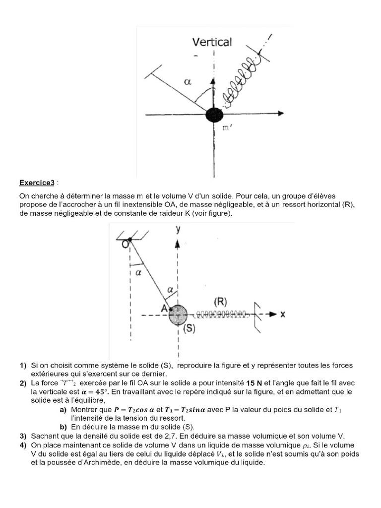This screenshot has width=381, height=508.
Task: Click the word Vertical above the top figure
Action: pyautogui.click(x=212, y=42)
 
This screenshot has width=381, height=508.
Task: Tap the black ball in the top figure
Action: pyautogui.click(x=214, y=114)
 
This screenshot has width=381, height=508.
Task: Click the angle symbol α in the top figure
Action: pyautogui.click(x=188, y=83)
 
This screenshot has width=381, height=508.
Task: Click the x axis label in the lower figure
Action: pyautogui.click(x=282, y=314)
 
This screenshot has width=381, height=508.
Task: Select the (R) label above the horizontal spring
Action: pyautogui.click(x=221, y=302)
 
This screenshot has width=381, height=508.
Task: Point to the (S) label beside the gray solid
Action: pyautogui.click(x=189, y=329)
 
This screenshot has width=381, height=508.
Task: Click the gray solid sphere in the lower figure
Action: pyautogui.click(x=178, y=315)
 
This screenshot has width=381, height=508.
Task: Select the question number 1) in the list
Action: pyautogui.click(x=23, y=366)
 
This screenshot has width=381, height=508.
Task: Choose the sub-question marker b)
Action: pyautogui.click(x=63, y=427)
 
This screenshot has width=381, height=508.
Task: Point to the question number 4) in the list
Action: pyautogui.click(x=23, y=445)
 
